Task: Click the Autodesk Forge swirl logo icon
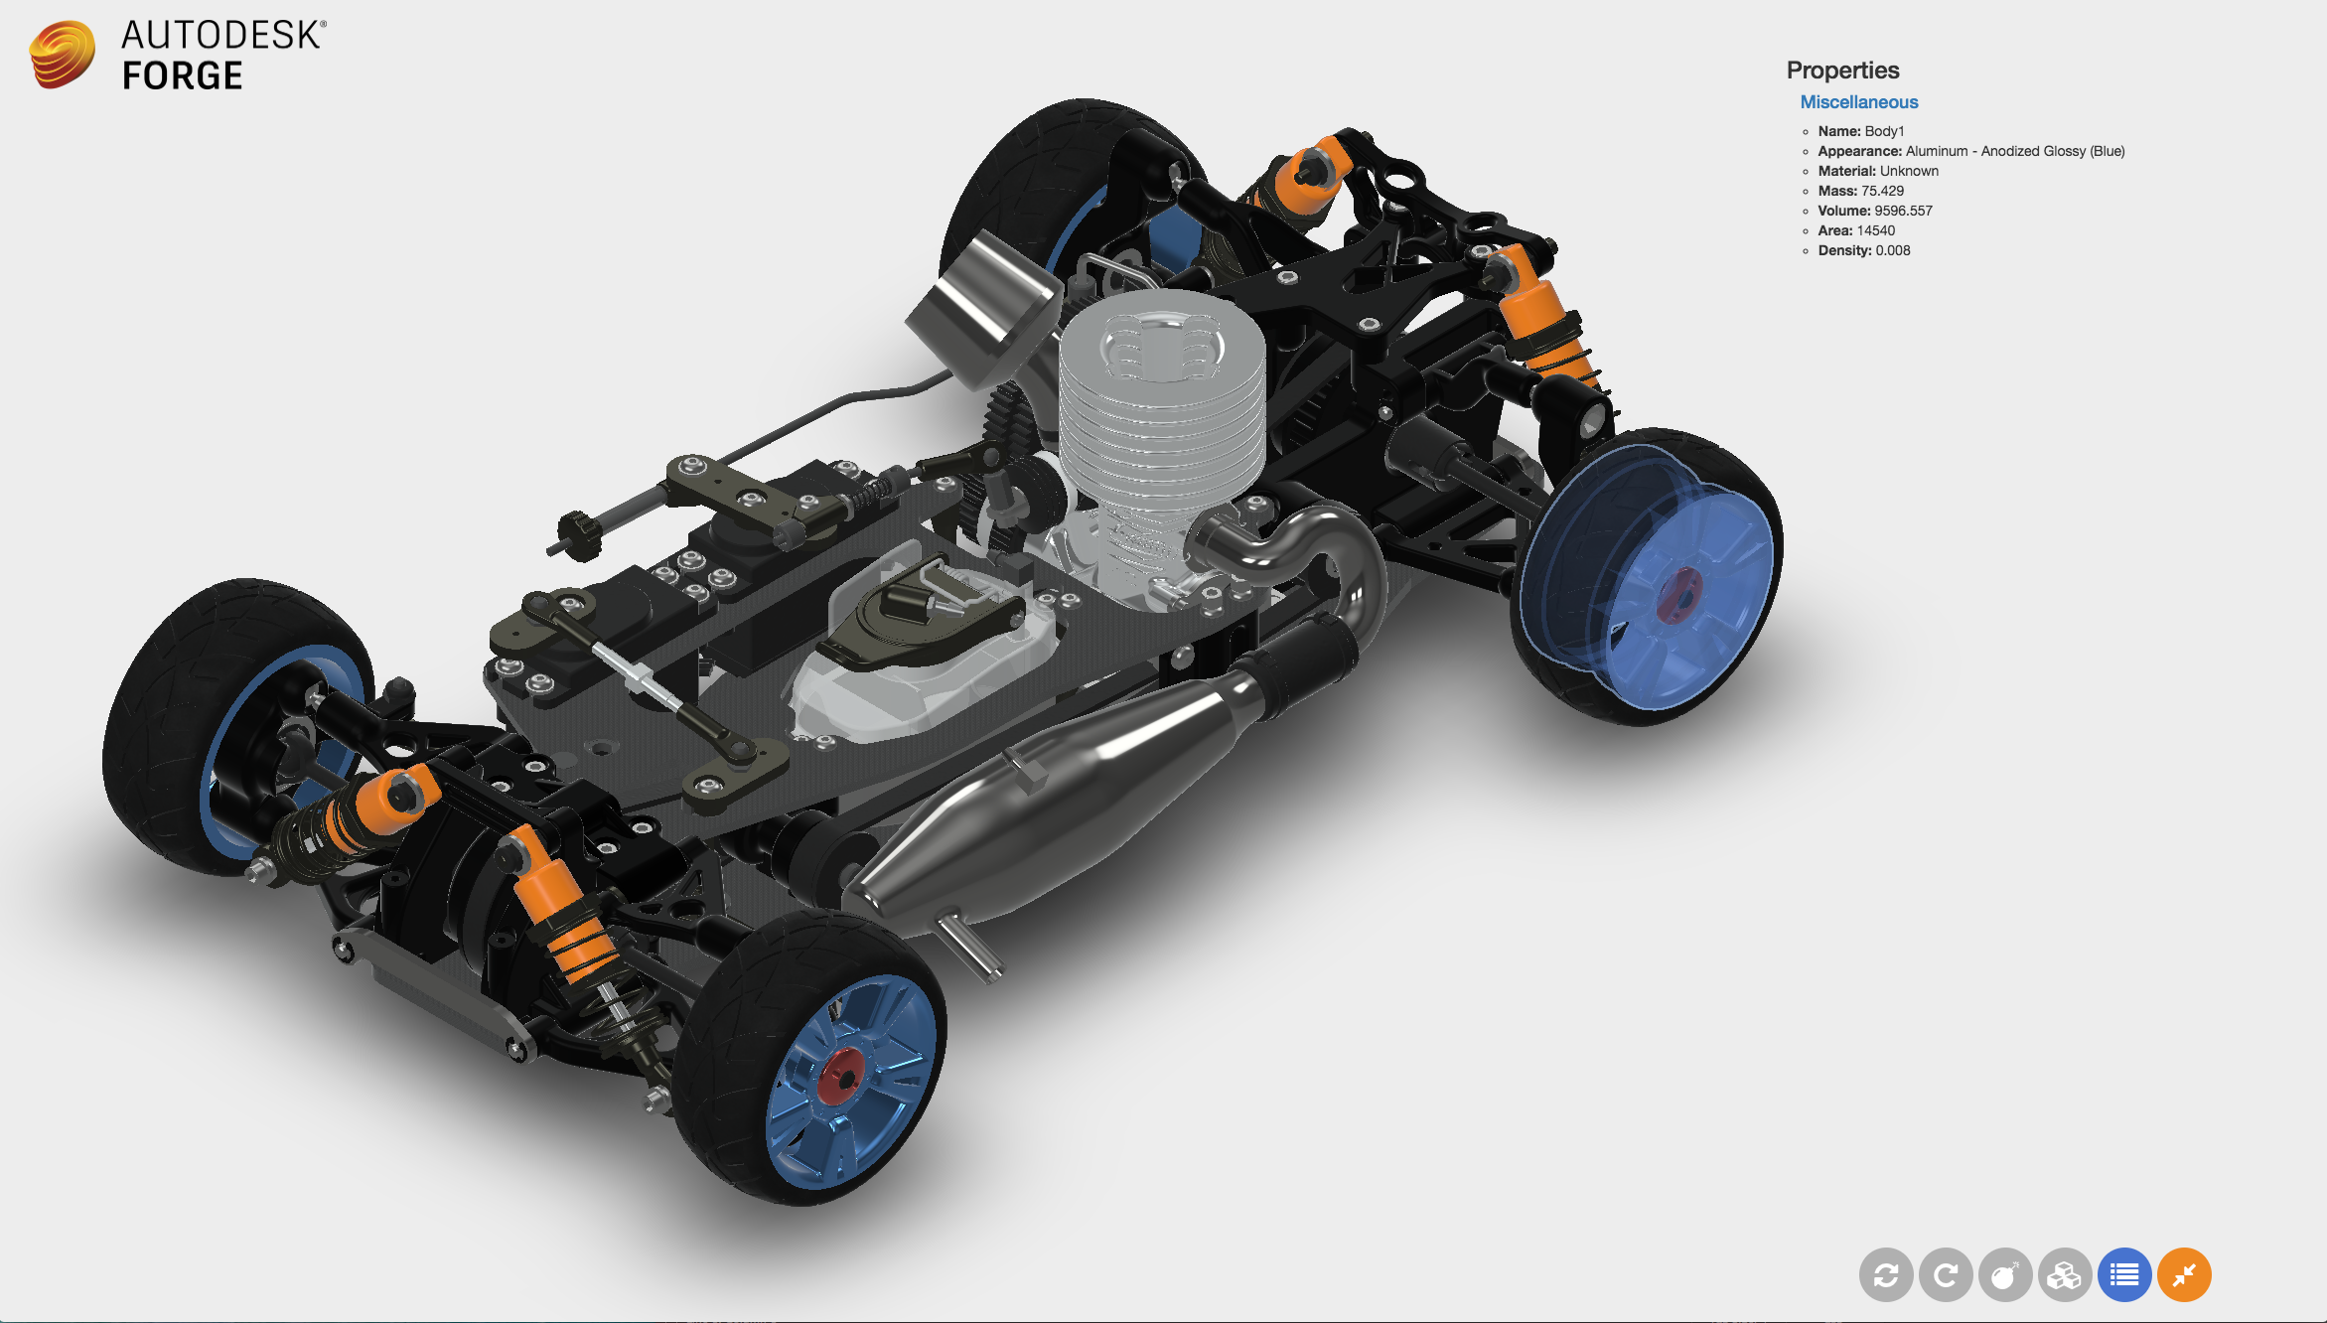click(62, 55)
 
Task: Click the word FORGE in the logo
click(182, 75)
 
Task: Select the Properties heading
click(1842, 71)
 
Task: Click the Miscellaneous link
click(1858, 102)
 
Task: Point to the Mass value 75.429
click(1882, 191)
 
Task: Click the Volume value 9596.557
click(1903, 211)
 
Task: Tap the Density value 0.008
click(1892, 250)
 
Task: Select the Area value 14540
click(1875, 230)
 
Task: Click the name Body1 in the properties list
click(1884, 131)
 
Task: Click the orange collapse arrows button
click(2184, 1274)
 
